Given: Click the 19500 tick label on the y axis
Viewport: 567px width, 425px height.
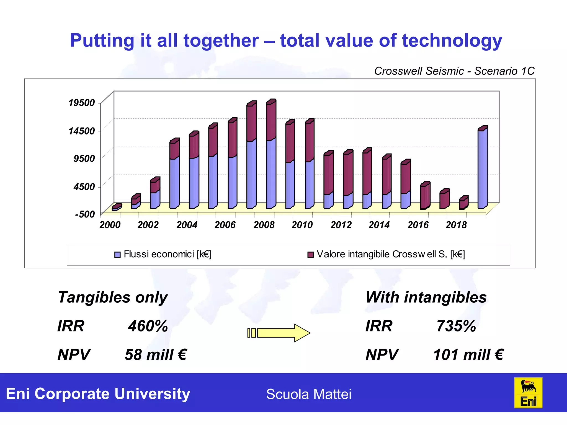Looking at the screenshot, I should click(x=82, y=103).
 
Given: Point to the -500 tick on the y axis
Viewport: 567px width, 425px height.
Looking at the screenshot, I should click(x=85, y=214).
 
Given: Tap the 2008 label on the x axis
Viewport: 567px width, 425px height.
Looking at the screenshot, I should click(x=264, y=225).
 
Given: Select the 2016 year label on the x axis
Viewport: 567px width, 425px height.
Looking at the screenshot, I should click(x=418, y=225).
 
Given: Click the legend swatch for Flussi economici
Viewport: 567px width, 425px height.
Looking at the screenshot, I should click(x=117, y=255).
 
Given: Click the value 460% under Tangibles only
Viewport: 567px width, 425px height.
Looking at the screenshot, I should click(x=148, y=326).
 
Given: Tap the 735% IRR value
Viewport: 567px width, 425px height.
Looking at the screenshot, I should click(x=456, y=326).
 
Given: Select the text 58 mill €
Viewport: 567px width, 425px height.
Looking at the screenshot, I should click(x=156, y=355).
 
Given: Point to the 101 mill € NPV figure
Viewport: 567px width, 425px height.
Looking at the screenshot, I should click(x=468, y=355).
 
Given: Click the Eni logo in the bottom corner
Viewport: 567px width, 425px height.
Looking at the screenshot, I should click(x=528, y=393).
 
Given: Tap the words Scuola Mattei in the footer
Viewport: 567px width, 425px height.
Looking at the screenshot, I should click(x=309, y=394).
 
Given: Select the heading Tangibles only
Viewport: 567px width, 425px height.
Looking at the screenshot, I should click(x=113, y=297).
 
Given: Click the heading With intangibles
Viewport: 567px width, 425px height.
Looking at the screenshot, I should click(x=426, y=297).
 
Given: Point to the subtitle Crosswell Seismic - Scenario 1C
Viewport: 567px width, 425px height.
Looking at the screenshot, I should click(x=454, y=71).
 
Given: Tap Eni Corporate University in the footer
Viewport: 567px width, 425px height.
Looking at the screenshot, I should click(x=98, y=394).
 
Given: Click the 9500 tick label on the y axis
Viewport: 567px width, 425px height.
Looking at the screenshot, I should click(x=84, y=159).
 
